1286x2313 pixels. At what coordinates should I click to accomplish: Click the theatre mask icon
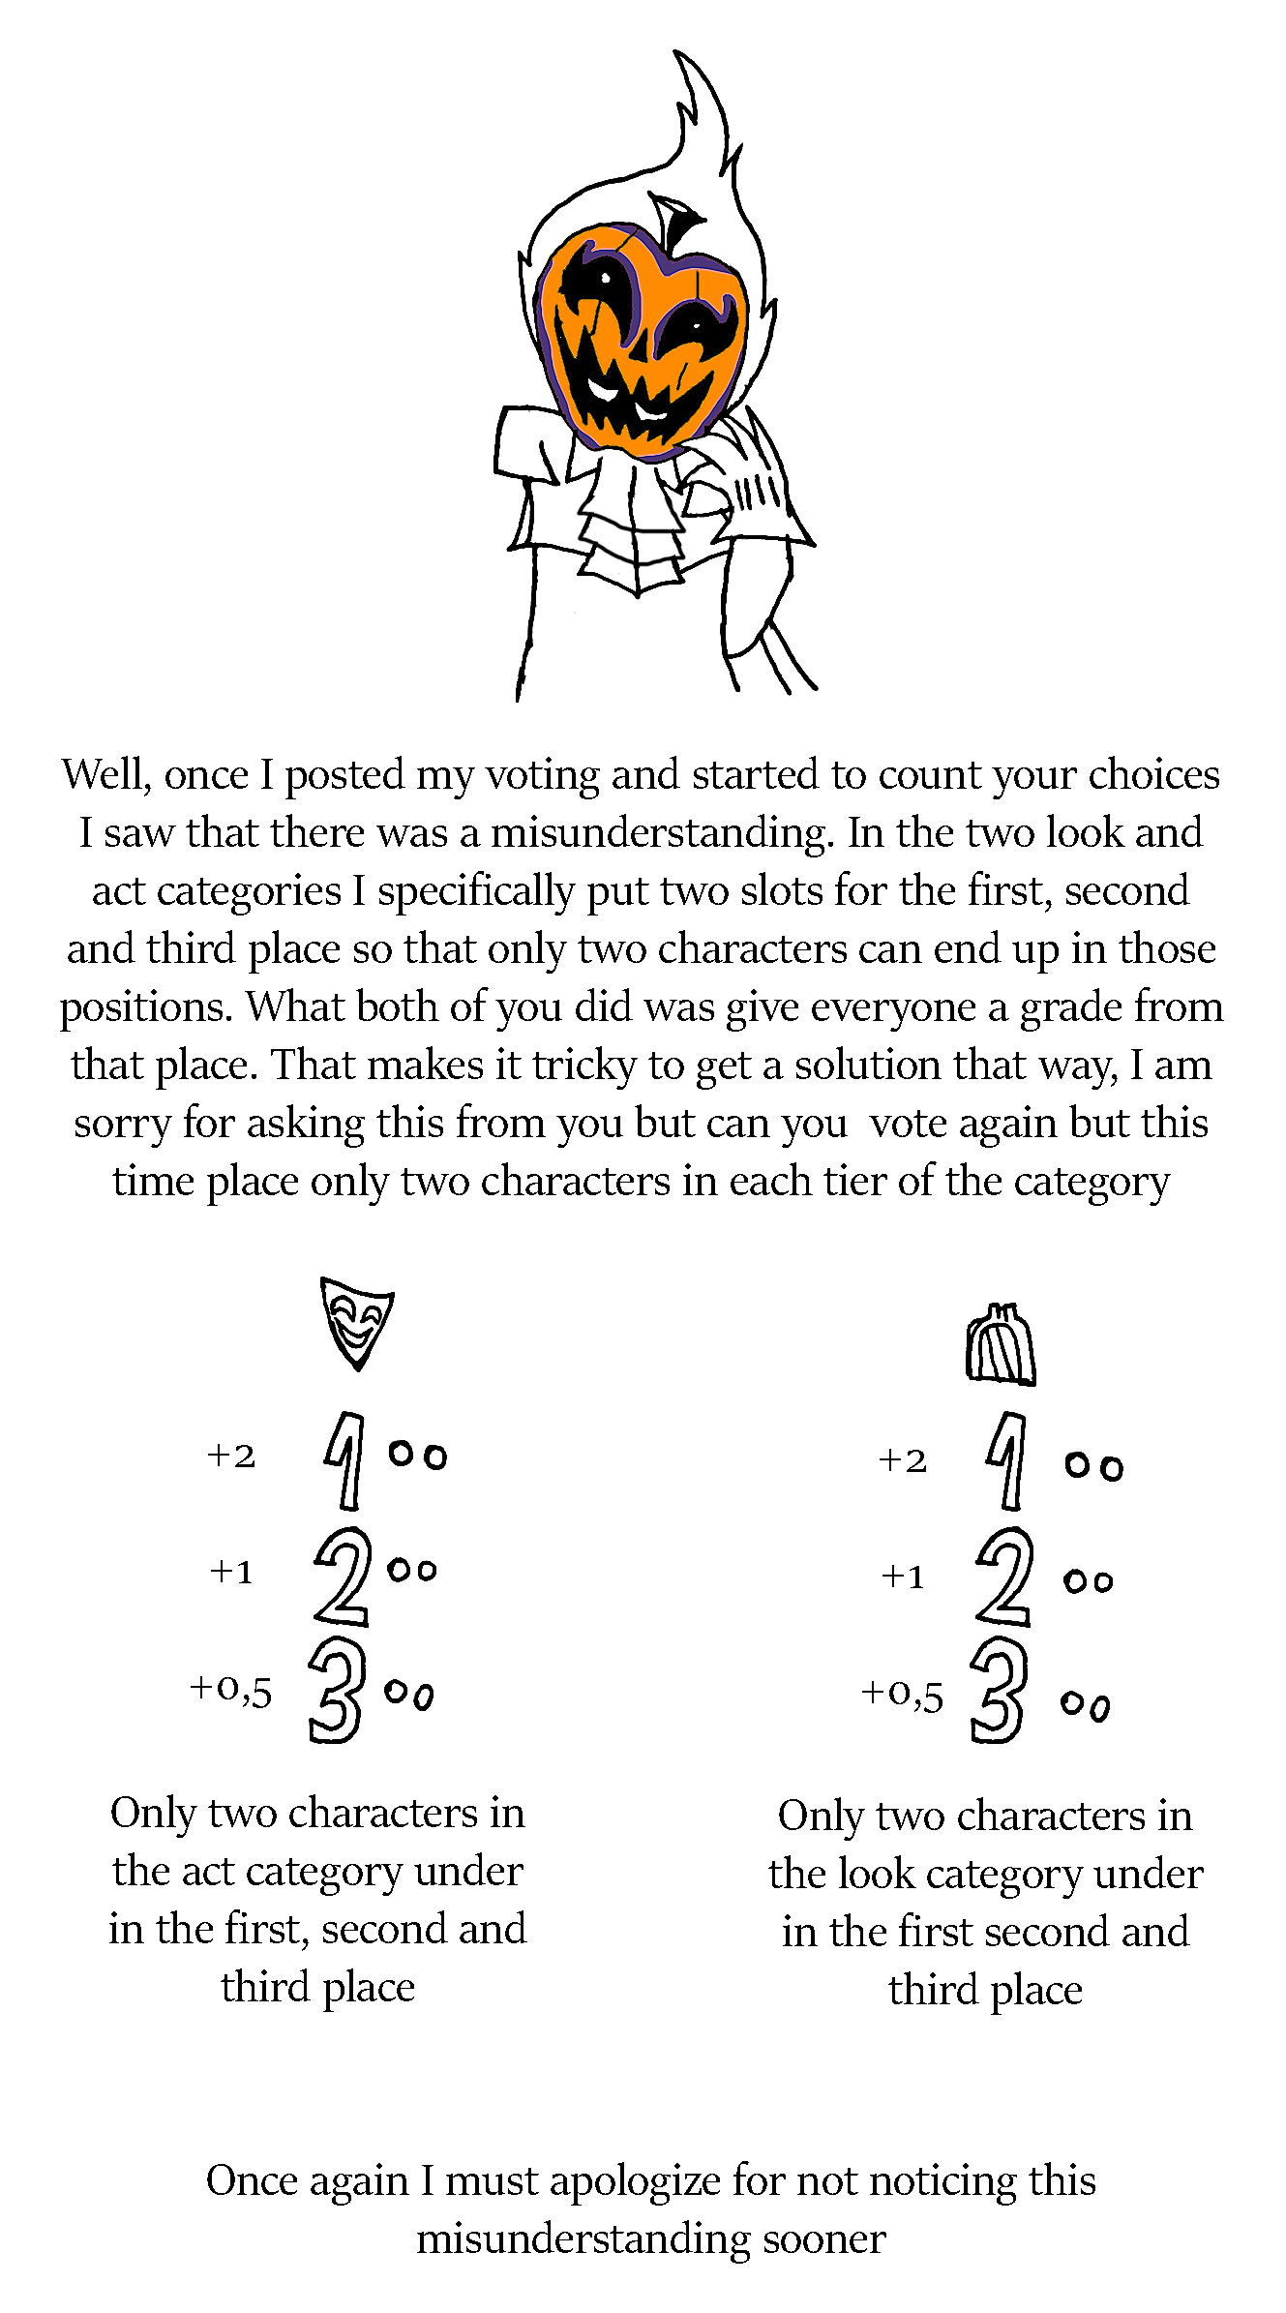[356, 1322]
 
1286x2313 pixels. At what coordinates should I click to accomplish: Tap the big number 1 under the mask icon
[345, 1459]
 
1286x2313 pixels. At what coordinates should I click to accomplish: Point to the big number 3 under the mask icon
[336, 1690]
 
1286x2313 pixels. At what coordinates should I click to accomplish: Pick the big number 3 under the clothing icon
[997, 1690]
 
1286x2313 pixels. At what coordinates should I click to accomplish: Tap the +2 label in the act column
[231, 1456]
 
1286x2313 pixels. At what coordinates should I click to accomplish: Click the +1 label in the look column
[903, 1577]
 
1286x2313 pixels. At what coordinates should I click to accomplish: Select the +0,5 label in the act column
[230, 1689]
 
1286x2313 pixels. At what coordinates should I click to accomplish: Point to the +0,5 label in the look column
[902, 1693]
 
